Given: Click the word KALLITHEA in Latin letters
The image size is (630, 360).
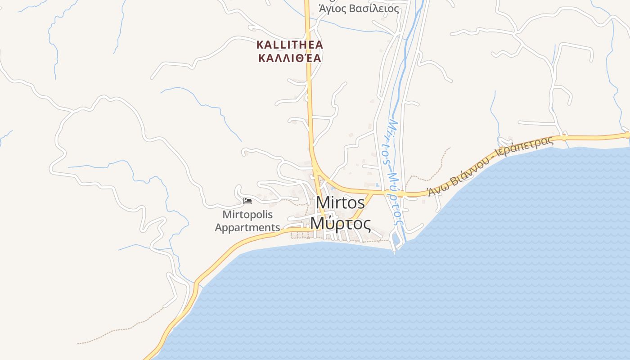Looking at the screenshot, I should point(290,45).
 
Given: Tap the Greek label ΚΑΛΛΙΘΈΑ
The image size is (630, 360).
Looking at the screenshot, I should point(290,58).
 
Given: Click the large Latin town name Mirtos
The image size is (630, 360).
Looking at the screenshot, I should point(340,203).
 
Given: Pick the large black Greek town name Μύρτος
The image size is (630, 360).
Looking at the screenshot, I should point(340,223).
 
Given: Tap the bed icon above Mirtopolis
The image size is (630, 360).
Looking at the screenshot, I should point(247,201).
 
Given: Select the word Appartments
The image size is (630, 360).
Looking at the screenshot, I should point(247,227).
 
